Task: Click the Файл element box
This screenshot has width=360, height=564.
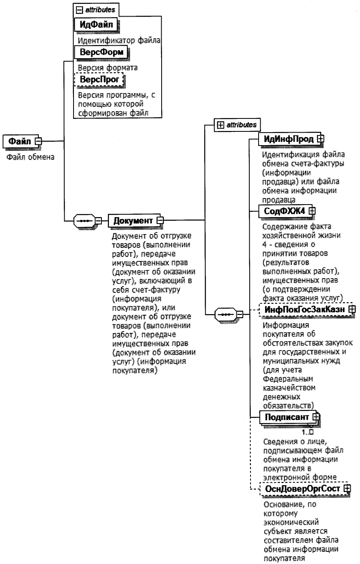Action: coord(20,141)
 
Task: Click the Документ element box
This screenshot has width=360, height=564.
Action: coord(133,220)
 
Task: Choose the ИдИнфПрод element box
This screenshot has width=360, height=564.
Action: coord(288,139)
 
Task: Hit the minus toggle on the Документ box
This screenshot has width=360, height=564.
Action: coord(160,220)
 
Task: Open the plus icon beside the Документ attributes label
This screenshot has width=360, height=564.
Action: coord(221,125)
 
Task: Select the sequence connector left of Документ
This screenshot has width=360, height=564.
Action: coord(84,220)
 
